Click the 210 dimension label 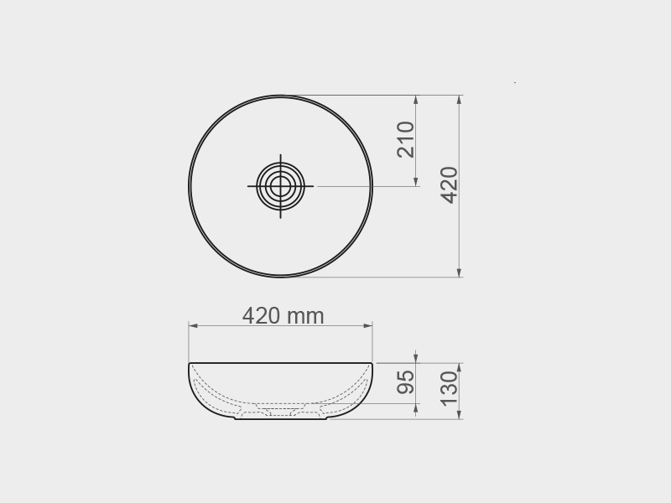[x=406, y=139]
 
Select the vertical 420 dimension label [x=450, y=185]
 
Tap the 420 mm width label [x=283, y=316]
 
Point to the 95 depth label [x=406, y=382]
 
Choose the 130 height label [x=450, y=389]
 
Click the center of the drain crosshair [x=280, y=186]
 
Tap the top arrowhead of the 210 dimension [x=416, y=100]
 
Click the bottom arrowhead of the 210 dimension [x=416, y=181]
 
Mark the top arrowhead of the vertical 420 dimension [x=459, y=100]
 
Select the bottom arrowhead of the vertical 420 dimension [x=459, y=272]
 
